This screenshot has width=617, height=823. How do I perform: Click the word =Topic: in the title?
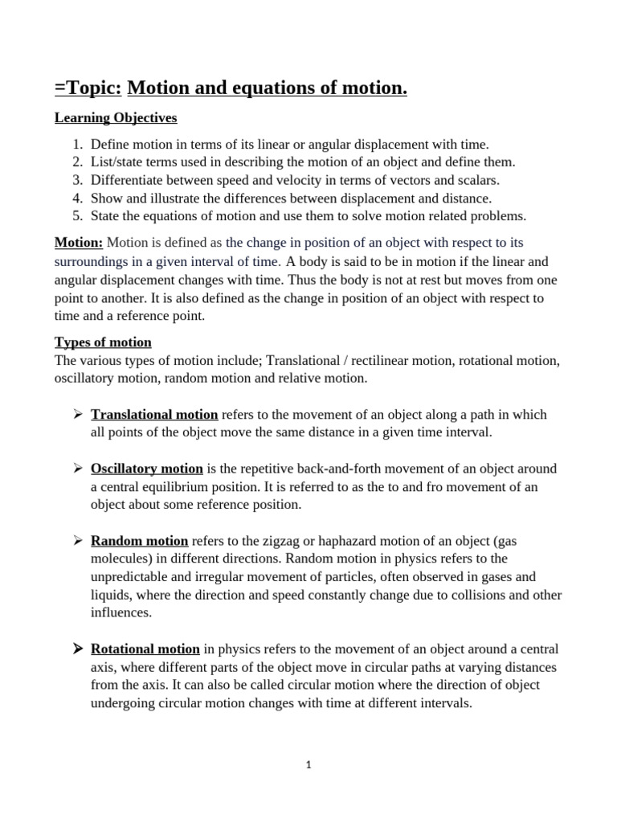pyautogui.click(x=88, y=88)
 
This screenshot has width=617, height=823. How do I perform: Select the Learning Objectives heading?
pyautogui.click(x=116, y=118)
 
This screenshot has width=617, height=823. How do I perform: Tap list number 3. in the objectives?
pyautogui.click(x=77, y=180)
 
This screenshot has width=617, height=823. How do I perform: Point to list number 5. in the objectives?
pyautogui.click(x=77, y=215)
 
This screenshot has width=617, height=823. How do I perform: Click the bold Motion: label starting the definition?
pyautogui.click(x=79, y=243)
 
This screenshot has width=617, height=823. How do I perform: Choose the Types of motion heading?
pyautogui.click(x=103, y=342)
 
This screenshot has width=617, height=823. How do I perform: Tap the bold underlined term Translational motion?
pyautogui.click(x=154, y=415)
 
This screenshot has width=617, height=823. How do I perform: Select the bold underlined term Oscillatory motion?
pyautogui.click(x=147, y=469)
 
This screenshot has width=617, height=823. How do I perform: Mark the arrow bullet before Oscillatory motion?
pyautogui.click(x=78, y=469)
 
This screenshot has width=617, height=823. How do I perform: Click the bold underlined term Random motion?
pyautogui.click(x=140, y=541)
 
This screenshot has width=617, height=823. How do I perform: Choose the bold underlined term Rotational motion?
pyautogui.click(x=145, y=649)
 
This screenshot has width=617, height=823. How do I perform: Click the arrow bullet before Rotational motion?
pyautogui.click(x=78, y=649)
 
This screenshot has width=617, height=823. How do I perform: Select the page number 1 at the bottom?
pyautogui.click(x=308, y=765)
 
